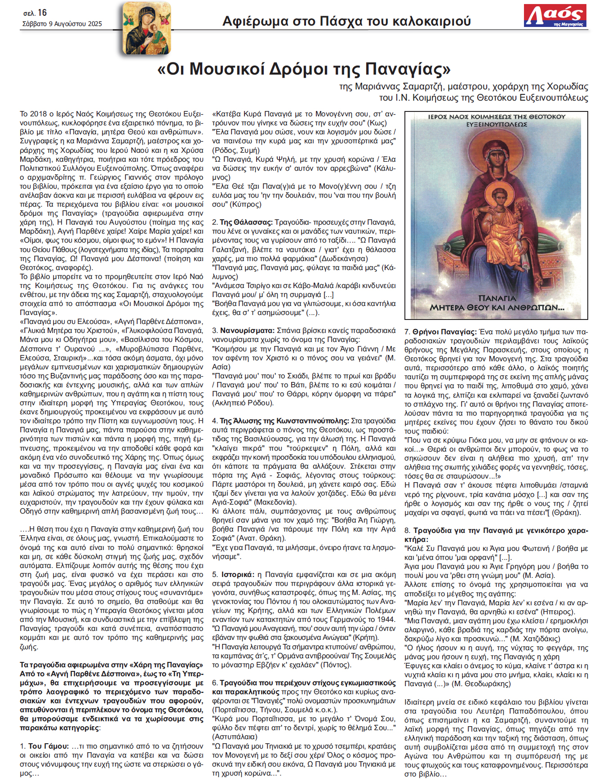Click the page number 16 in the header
point(42,13)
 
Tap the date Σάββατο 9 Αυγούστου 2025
point(62,24)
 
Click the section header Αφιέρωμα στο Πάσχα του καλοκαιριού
point(346,21)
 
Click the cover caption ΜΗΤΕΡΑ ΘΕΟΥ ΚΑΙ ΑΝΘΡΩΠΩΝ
point(497,308)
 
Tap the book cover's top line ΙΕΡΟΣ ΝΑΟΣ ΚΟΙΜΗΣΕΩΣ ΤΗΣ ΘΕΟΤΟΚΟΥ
point(497,117)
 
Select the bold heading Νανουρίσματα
point(247,330)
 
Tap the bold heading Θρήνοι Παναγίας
point(444,332)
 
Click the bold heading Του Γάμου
point(49,746)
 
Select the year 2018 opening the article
point(38,114)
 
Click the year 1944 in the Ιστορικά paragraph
point(387,619)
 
